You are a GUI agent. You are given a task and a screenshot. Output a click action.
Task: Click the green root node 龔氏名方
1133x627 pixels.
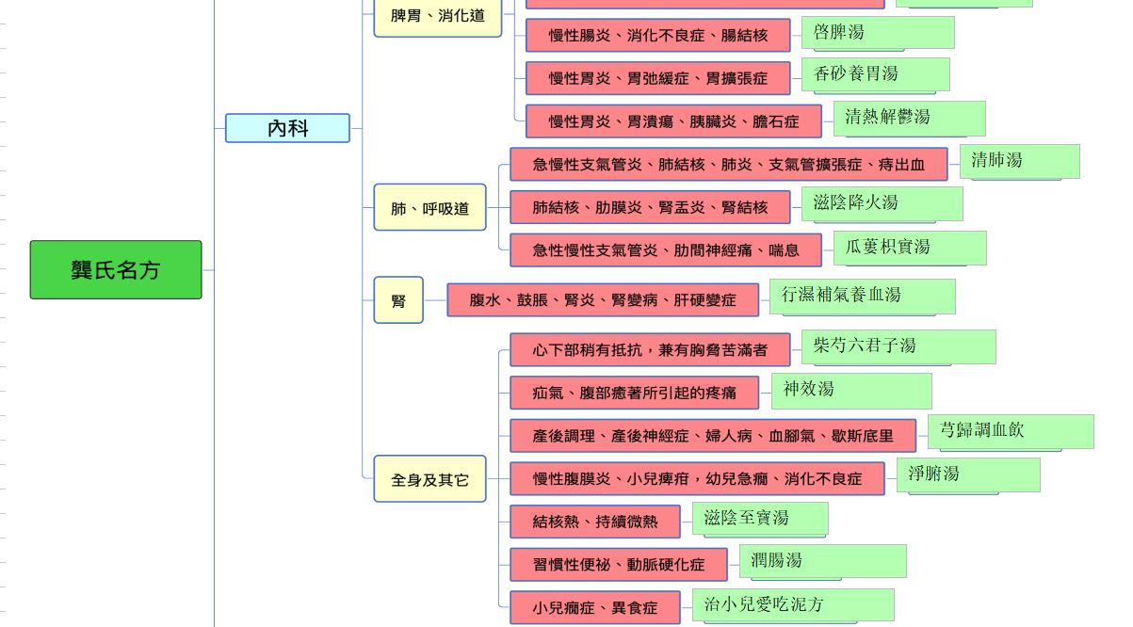click(x=116, y=269)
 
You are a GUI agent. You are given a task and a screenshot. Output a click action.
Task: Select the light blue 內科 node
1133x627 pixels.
click(x=287, y=128)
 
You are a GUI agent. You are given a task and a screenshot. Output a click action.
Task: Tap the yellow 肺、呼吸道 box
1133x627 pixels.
click(x=429, y=207)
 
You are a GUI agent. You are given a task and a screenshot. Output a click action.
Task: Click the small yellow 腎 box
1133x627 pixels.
click(x=398, y=299)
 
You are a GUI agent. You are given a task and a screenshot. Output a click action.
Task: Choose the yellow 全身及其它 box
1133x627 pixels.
click(x=429, y=479)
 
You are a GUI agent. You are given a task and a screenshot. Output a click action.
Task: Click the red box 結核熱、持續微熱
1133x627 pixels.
click(x=595, y=522)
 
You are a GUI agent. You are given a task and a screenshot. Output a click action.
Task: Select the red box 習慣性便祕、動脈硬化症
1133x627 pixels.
click(x=619, y=564)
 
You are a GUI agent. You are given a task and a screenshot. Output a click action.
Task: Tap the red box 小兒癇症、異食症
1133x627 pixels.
click(x=595, y=607)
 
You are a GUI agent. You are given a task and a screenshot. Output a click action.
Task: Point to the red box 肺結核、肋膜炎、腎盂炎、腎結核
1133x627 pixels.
click(x=650, y=207)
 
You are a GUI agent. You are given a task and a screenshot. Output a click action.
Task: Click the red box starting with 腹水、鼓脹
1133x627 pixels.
click(x=603, y=299)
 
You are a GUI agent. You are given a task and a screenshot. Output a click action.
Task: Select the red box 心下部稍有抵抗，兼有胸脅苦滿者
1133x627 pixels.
click(x=650, y=350)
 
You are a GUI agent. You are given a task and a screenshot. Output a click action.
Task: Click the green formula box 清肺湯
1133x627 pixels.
click(x=1020, y=162)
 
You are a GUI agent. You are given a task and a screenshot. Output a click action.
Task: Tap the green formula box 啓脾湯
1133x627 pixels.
click(x=878, y=33)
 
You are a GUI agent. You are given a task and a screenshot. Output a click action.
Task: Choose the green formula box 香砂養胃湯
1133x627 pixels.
click(x=876, y=75)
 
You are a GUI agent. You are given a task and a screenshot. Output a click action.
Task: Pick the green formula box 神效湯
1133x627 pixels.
click(x=851, y=391)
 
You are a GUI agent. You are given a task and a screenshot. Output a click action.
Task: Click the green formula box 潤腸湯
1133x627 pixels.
click(x=823, y=561)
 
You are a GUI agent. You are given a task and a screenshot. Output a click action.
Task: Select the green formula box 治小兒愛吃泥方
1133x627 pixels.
click(x=793, y=605)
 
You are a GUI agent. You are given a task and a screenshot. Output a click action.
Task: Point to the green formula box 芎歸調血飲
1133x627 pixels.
click(x=1011, y=432)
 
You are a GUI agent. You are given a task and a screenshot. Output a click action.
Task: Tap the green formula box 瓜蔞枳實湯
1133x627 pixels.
click(x=910, y=249)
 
